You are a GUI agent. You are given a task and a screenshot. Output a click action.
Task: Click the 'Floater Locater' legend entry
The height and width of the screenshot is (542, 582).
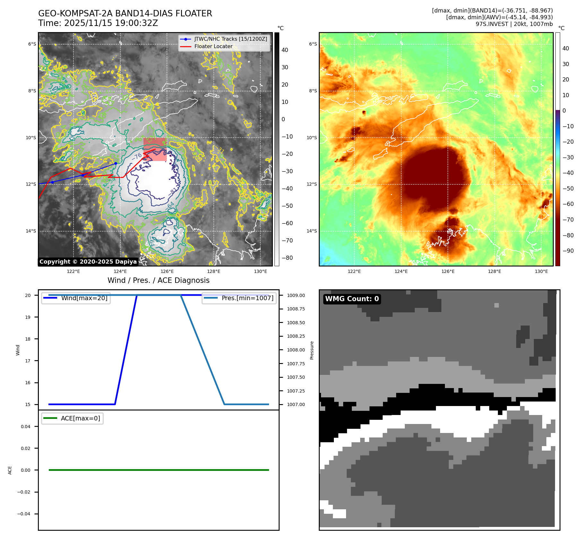pos(213,46)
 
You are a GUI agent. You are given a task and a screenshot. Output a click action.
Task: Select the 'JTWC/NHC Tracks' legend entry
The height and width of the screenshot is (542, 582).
pos(230,39)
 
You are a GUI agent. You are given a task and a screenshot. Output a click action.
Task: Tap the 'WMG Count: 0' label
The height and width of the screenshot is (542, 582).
pos(352,299)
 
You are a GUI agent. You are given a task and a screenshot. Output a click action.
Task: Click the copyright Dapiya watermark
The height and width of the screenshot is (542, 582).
pos(88,262)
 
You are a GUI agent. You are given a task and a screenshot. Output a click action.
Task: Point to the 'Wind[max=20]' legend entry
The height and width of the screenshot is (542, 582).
pos(84,298)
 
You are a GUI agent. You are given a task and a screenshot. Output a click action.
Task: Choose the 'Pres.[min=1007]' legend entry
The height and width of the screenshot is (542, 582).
pos(247,298)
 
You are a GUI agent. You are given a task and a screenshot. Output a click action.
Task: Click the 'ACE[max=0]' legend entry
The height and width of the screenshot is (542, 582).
pos(80,418)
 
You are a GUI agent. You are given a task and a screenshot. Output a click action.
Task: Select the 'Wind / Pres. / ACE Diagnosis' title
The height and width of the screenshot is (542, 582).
pos(158,280)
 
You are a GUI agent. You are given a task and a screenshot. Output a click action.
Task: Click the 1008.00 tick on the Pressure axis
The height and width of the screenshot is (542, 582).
pos(296,350)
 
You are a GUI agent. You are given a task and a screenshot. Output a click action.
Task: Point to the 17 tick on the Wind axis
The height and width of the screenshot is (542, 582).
pos(28,361)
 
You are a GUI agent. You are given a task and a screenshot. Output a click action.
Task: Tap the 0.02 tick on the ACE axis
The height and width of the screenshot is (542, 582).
pos(26,448)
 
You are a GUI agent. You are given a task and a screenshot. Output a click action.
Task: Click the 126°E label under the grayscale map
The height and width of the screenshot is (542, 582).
pos(167,271)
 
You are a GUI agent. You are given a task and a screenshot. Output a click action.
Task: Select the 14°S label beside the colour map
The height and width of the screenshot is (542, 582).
pos(311,231)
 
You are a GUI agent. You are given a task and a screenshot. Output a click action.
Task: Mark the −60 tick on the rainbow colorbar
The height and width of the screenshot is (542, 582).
pos(568,204)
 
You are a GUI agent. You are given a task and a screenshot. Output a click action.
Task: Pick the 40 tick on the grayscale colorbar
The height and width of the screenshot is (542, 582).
pos(285,50)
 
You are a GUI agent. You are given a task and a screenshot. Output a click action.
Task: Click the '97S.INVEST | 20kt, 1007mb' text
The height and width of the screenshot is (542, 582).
pos(514,24)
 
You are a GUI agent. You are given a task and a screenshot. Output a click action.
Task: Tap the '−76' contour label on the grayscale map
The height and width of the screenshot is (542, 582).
pos(137,157)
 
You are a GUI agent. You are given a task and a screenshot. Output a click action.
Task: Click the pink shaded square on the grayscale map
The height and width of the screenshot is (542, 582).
pos(155,149)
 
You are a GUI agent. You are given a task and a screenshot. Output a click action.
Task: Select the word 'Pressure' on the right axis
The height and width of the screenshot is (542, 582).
pos(312,350)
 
